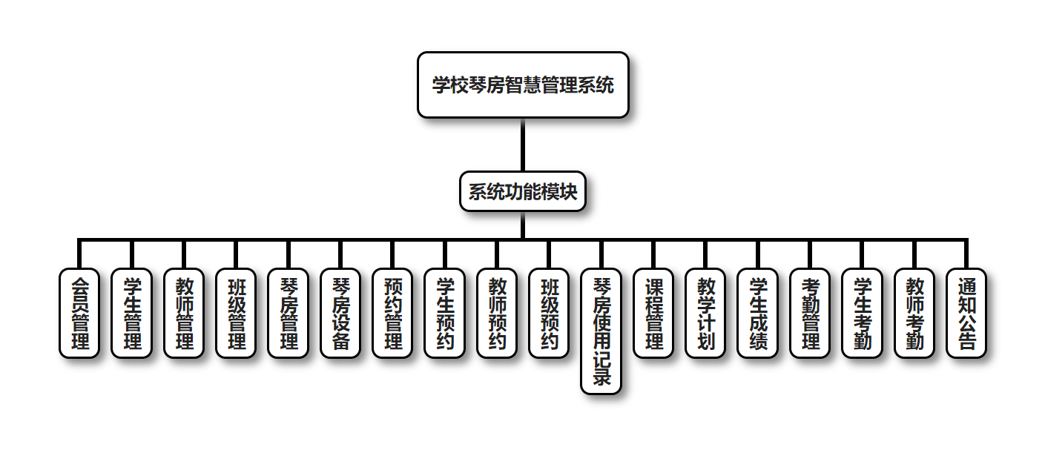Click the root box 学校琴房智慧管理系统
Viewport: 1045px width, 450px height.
coord(523,85)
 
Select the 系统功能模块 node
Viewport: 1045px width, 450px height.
coord(523,192)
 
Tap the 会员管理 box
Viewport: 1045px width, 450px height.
coord(79,313)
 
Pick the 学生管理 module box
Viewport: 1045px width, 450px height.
coord(131,313)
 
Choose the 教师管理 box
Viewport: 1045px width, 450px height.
coord(183,313)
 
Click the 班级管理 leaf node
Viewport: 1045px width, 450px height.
coord(236,313)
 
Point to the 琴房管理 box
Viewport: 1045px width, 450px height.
coord(288,313)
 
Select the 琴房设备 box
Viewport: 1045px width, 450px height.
coord(340,313)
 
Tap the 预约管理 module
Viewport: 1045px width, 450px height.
coord(392,313)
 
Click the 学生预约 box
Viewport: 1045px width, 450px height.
coord(444,313)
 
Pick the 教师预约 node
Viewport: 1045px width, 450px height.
coord(497,313)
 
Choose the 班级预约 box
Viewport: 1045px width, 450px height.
coord(549,313)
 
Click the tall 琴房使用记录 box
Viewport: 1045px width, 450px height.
coord(601,331)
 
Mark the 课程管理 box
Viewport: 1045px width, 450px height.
coord(653,313)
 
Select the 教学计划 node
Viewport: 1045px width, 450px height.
coord(705,313)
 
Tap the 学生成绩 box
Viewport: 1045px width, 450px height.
coord(758,313)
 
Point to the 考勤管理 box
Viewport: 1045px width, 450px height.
coord(810,313)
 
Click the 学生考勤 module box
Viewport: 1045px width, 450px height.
coord(863,313)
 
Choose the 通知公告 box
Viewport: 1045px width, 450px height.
coord(966,313)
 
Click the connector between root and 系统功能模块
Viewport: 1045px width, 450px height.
coord(523,145)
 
